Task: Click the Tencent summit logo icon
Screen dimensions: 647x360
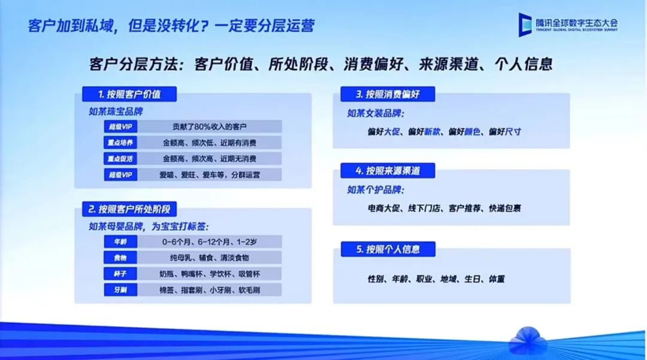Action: (525, 25)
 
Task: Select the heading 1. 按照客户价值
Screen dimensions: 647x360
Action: (129, 94)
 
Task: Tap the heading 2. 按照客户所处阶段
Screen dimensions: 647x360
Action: (129, 209)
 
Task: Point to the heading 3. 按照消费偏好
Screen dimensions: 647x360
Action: (388, 94)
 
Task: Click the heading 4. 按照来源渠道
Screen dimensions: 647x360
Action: (388, 171)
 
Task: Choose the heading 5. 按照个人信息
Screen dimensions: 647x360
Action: (388, 249)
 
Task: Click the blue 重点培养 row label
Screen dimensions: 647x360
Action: (120, 143)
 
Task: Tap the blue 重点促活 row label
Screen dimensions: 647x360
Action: (120, 159)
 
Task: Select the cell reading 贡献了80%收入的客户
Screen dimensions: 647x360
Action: (210, 126)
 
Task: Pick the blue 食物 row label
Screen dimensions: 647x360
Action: (120, 258)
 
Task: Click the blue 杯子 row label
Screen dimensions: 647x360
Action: (120, 274)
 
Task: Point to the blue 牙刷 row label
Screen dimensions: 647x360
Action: (120, 290)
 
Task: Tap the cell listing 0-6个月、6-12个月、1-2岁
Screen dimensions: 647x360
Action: (210, 241)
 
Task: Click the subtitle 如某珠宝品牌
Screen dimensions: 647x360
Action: (116, 112)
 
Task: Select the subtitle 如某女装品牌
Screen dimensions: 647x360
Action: (376, 113)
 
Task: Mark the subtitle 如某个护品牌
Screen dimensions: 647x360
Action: (376, 190)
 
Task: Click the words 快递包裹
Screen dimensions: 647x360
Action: (505, 208)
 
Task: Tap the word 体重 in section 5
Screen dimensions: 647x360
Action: (497, 279)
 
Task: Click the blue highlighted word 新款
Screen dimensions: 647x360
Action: (432, 132)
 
